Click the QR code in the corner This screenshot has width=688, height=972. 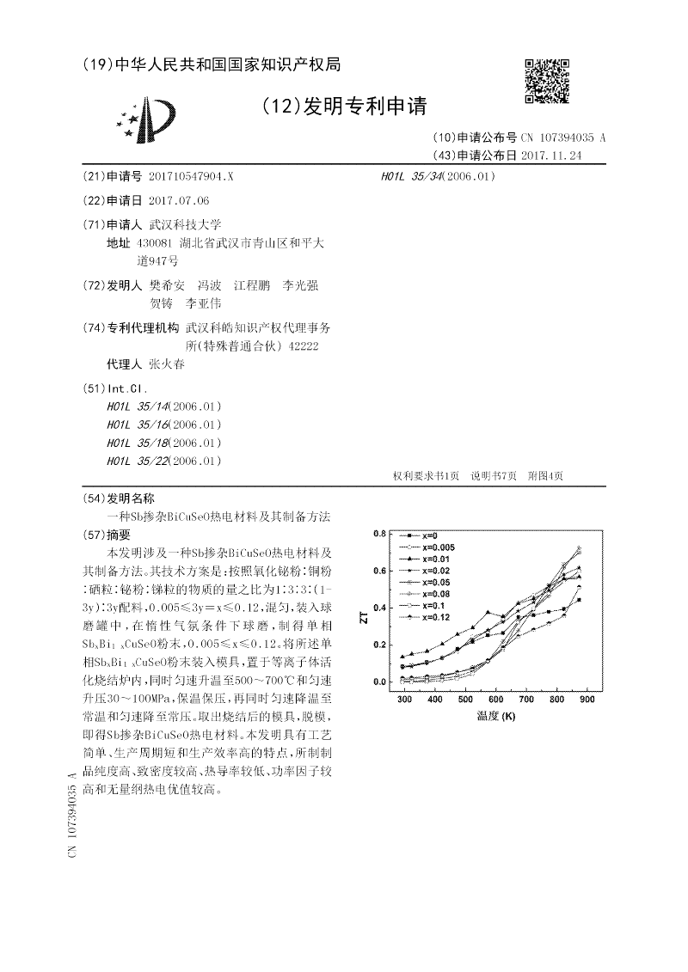pyautogui.click(x=546, y=81)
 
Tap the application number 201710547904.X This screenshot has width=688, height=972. pyautogui.click(x=191, y=176)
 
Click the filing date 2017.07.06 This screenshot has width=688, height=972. pyautogui.click(x=179, y=200)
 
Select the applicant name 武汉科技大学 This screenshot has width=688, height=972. pyautogui.click(x=185, y=223)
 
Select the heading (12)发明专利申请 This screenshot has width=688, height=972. pyautogui.click(x=343, y=107)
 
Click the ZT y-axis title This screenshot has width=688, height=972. pyautogui.click(x=364, y=617)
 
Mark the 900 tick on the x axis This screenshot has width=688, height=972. pyautogui.click(x=587, y=701)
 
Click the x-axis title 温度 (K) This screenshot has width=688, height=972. pyautogui.click(x=494, y=716)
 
